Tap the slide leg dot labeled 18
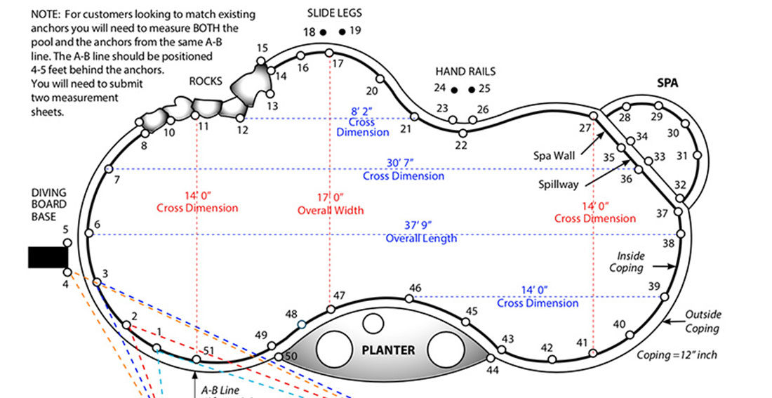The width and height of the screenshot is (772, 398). (323, 32)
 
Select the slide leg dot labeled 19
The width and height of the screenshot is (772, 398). (342, 32)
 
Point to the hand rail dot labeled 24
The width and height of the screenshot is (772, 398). (455, 90)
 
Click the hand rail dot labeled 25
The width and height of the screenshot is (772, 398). (472, 90)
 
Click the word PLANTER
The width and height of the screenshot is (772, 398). (387, 350)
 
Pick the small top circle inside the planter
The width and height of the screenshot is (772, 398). (373, 324)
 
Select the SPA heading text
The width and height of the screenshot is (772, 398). (667, 82)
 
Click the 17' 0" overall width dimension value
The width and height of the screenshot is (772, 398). (330, 197)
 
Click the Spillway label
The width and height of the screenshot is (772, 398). (558, 184)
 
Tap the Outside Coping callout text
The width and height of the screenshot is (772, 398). (703, 321)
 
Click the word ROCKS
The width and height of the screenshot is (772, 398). (206, 81)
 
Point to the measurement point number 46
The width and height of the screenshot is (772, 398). (415, 288)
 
